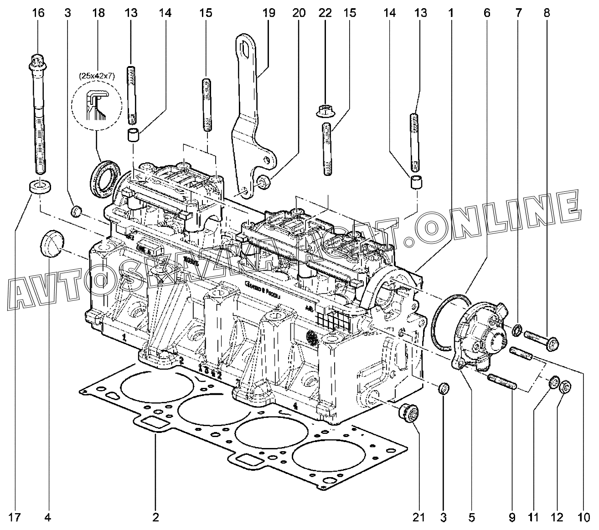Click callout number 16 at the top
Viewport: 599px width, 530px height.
(38, 13)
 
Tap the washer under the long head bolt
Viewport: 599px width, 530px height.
(40, 186)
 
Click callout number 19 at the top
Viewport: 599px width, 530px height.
(269, 13)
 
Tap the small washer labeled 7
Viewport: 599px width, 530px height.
(517, 329)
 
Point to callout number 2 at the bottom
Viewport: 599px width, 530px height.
(155, 517)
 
